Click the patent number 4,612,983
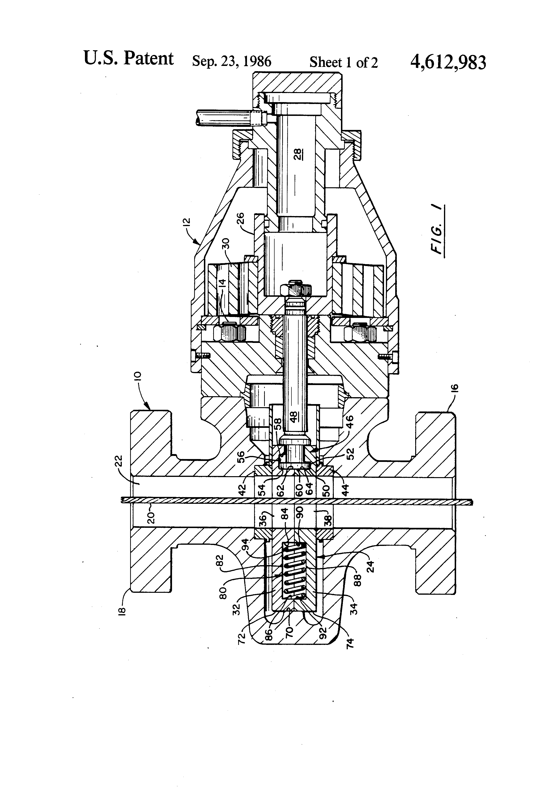tap(448, 63)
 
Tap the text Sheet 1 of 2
tap(343, 62)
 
